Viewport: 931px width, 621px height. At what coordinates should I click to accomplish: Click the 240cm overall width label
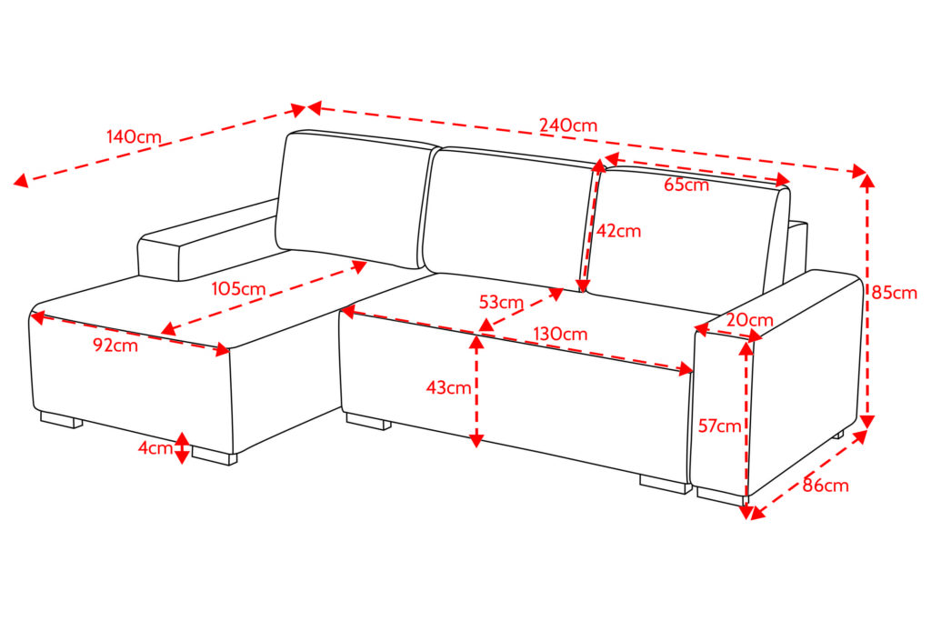pos(568,125)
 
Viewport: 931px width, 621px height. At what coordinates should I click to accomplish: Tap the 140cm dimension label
pos(134,136)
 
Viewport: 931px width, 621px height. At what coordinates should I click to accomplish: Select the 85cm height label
pos(895,293)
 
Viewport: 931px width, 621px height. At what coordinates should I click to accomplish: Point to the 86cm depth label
pos(826,486)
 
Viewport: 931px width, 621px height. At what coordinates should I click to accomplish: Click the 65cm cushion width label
pos(686,185)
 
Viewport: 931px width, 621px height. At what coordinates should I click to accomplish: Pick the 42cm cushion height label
pos(618,230)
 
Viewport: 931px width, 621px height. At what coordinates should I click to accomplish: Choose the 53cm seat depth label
pos(501,302)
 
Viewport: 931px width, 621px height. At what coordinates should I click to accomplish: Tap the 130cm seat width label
pos(560,334)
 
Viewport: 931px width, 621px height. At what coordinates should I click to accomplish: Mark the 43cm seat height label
pos(448,387)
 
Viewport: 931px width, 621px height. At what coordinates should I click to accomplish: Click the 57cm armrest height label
pos(720,426)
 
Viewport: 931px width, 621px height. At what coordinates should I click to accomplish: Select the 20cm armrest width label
pos(750,320)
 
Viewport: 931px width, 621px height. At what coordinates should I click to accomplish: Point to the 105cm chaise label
pos(239,289)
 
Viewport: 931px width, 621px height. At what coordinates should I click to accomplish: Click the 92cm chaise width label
pos(115,345)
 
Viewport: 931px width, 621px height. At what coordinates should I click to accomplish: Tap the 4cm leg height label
pos(155,447)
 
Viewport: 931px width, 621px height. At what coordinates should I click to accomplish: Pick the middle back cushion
pos(509,218)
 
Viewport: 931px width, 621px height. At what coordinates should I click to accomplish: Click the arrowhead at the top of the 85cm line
pos(867,181)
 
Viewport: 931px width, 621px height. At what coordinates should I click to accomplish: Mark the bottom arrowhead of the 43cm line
pos(476,440)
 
